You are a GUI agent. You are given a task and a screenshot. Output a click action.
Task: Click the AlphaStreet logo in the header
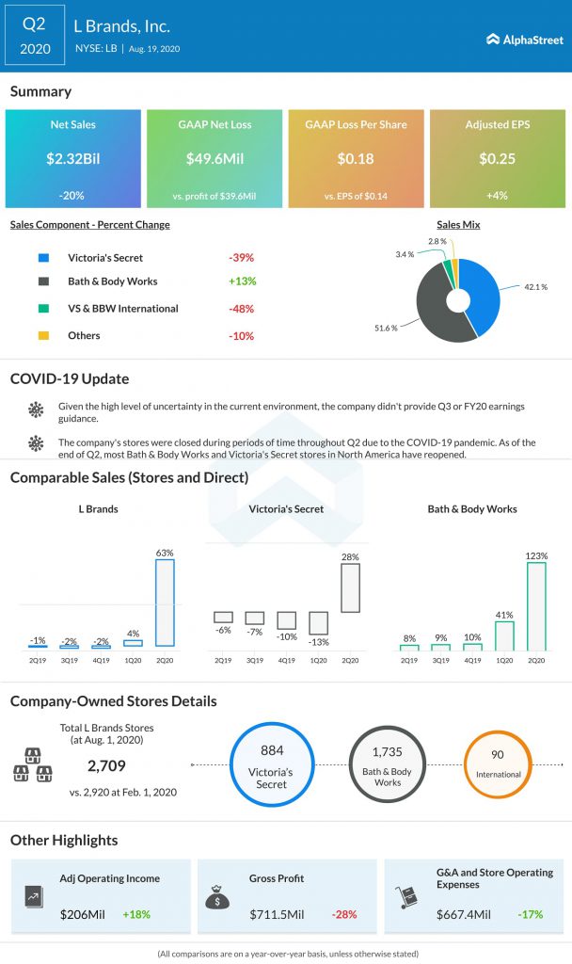[x=524, y=39]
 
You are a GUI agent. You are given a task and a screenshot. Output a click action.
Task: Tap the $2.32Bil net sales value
[x=72, y=158]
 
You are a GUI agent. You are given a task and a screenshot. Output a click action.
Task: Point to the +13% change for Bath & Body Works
[x=242, y=281]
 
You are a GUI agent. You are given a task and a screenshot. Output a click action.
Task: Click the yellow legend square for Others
[x=43, y=336]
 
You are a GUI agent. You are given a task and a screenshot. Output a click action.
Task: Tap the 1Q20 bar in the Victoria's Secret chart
[x=318, y=622]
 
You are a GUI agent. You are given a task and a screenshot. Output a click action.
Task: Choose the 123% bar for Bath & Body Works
[x=536, y=606]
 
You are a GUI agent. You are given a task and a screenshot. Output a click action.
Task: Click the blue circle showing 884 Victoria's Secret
[x=271, y=764]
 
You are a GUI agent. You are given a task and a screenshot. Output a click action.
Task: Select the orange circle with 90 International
[x=498, y=764]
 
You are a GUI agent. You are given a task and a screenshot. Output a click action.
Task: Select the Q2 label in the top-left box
[x=36, y=23]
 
